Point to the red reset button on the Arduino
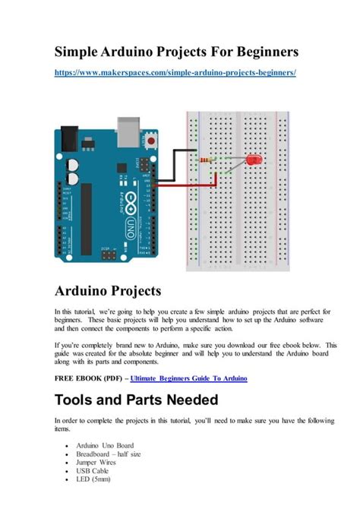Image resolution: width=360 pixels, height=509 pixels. coord(154,141)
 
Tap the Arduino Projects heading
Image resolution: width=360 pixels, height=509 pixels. coord(108,291)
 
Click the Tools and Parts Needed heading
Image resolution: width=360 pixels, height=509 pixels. coord(137,400)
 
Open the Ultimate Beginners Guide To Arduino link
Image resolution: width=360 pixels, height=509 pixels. coord(188,378)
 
